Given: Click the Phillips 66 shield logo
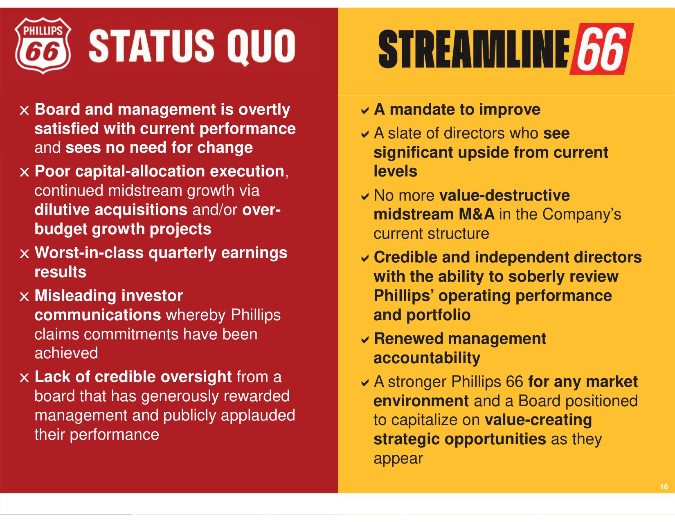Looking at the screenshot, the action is [x=43, y=46].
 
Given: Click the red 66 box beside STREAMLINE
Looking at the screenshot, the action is [x=602, y=49].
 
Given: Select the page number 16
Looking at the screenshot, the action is [x=664, y=486].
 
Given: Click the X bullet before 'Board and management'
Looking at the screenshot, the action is [x=24, y=111].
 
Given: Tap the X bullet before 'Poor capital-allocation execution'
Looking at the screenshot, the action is [x=24, y=172].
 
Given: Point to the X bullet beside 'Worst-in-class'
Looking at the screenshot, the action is [x=24, y=254].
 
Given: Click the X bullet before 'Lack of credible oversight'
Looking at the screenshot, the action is [x=24, y=378].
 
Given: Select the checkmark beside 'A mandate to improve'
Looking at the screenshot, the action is [x=365, y=111].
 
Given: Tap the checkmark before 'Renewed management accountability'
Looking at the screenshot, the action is [x=365, y=340].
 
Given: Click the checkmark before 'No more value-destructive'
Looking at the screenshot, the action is [x=365, y=197].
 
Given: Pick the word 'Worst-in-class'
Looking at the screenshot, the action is [x=89, y=253].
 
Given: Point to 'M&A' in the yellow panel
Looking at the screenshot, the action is [x=476, y=214].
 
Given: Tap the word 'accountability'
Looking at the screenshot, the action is [x=427, y=358].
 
